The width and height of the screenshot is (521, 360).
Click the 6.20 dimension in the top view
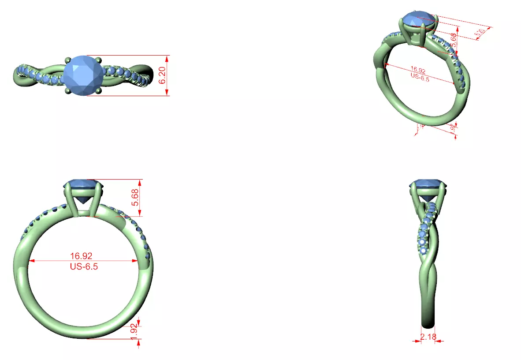pyautogui.click(x=162, y=75)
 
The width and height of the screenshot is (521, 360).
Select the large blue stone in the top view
pyautogui.click(x=83, y=75)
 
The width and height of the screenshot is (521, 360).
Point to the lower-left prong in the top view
pyautogui.click(x=67, y=90)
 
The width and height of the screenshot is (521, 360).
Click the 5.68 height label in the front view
pyautogui.click(x=136, y=198)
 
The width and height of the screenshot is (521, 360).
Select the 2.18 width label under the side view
pyautogui.click(x=428, y=337)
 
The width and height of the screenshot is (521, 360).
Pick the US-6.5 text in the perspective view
pyautogui.click(x=420, y=76)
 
